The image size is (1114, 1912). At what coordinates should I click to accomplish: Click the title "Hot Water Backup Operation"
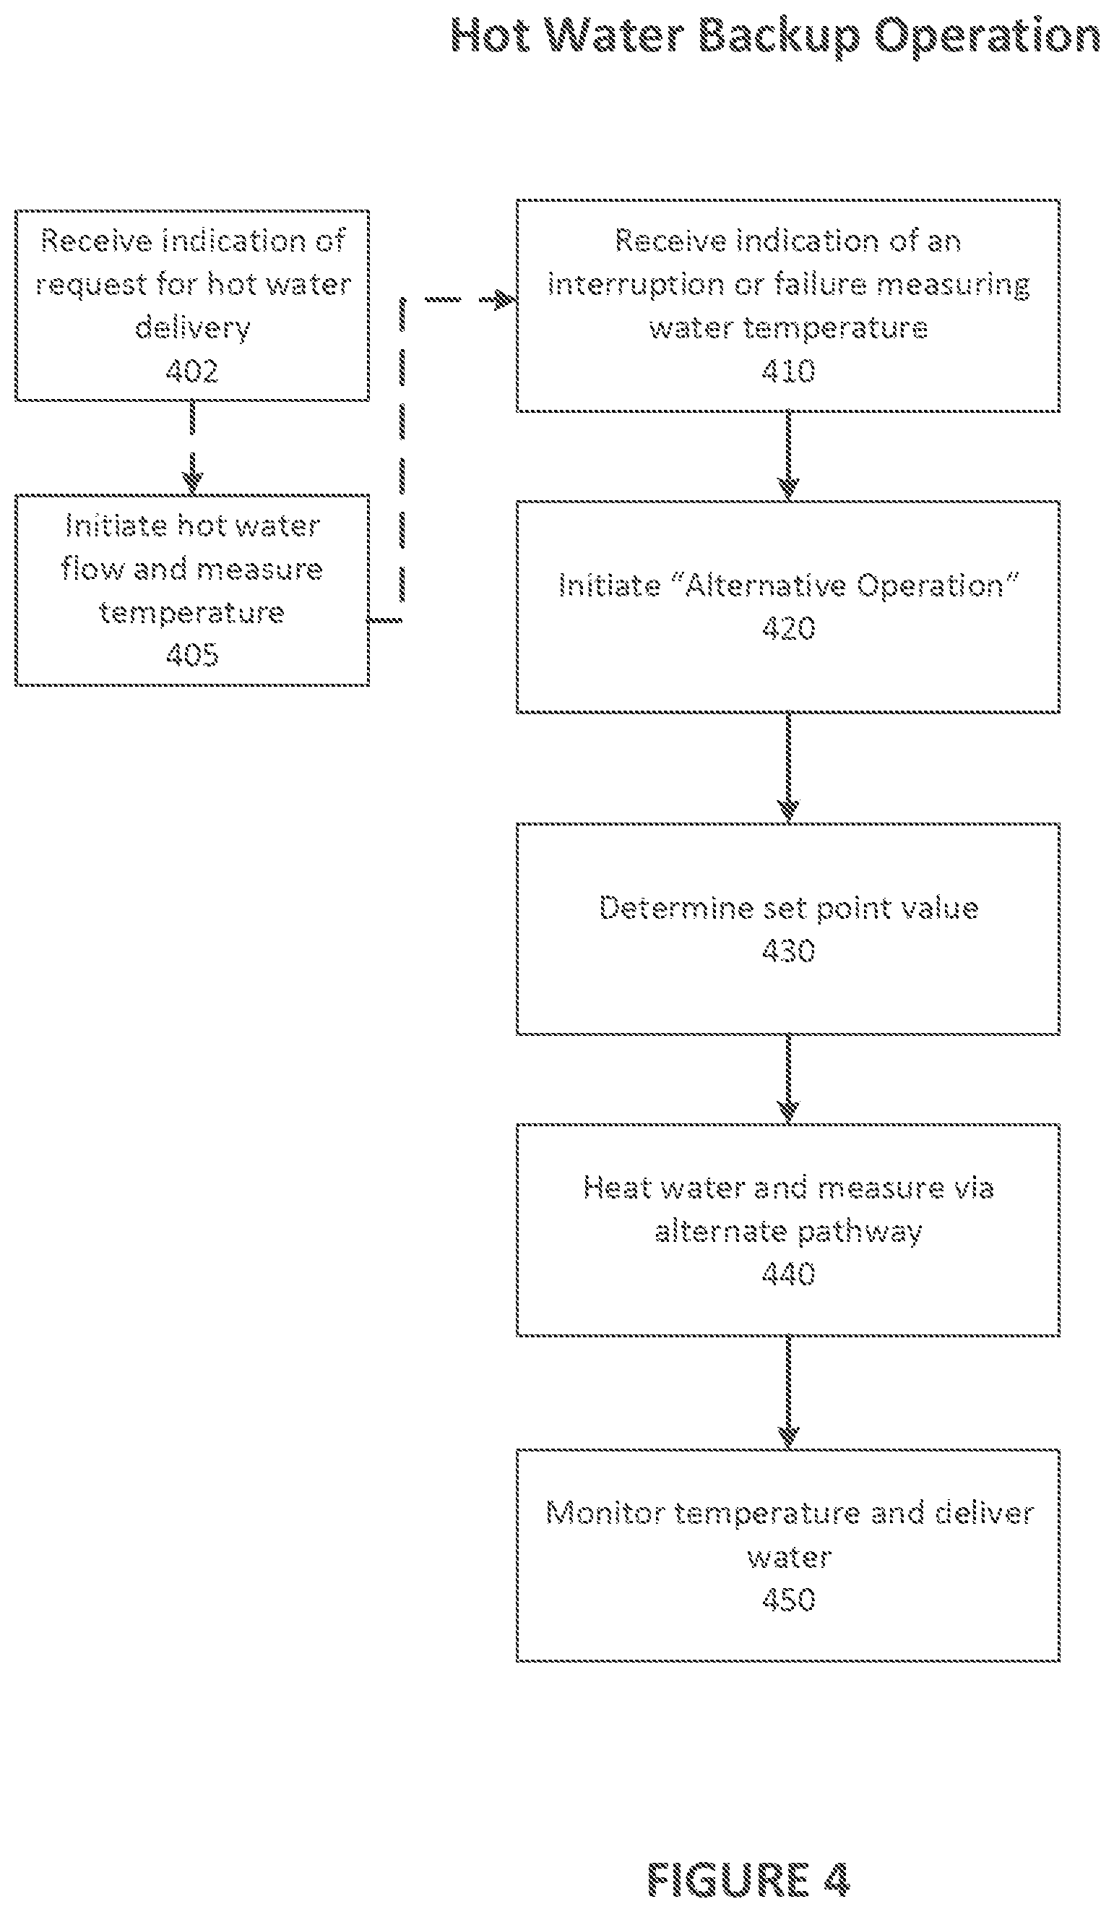tap(775, 35)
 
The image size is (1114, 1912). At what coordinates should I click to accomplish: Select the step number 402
tap(192, 371)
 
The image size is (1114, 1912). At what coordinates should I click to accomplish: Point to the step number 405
tap(192, 654)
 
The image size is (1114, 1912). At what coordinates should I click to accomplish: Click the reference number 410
tap(788, 371)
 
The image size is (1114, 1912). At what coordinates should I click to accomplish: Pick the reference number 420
tap(788, 628)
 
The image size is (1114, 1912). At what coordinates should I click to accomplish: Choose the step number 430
tap(788, 951)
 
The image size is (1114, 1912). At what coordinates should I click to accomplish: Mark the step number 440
tap(788, 1274)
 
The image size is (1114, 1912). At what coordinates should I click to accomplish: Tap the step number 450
tap(788, 1600)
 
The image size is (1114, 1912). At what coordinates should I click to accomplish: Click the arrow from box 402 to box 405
tap(192, 447)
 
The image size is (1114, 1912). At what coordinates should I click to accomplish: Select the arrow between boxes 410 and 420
tap(789, 456)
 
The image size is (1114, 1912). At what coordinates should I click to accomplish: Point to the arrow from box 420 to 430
tap(789, 768)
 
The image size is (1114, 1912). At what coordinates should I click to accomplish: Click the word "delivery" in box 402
tap(193, 327)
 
